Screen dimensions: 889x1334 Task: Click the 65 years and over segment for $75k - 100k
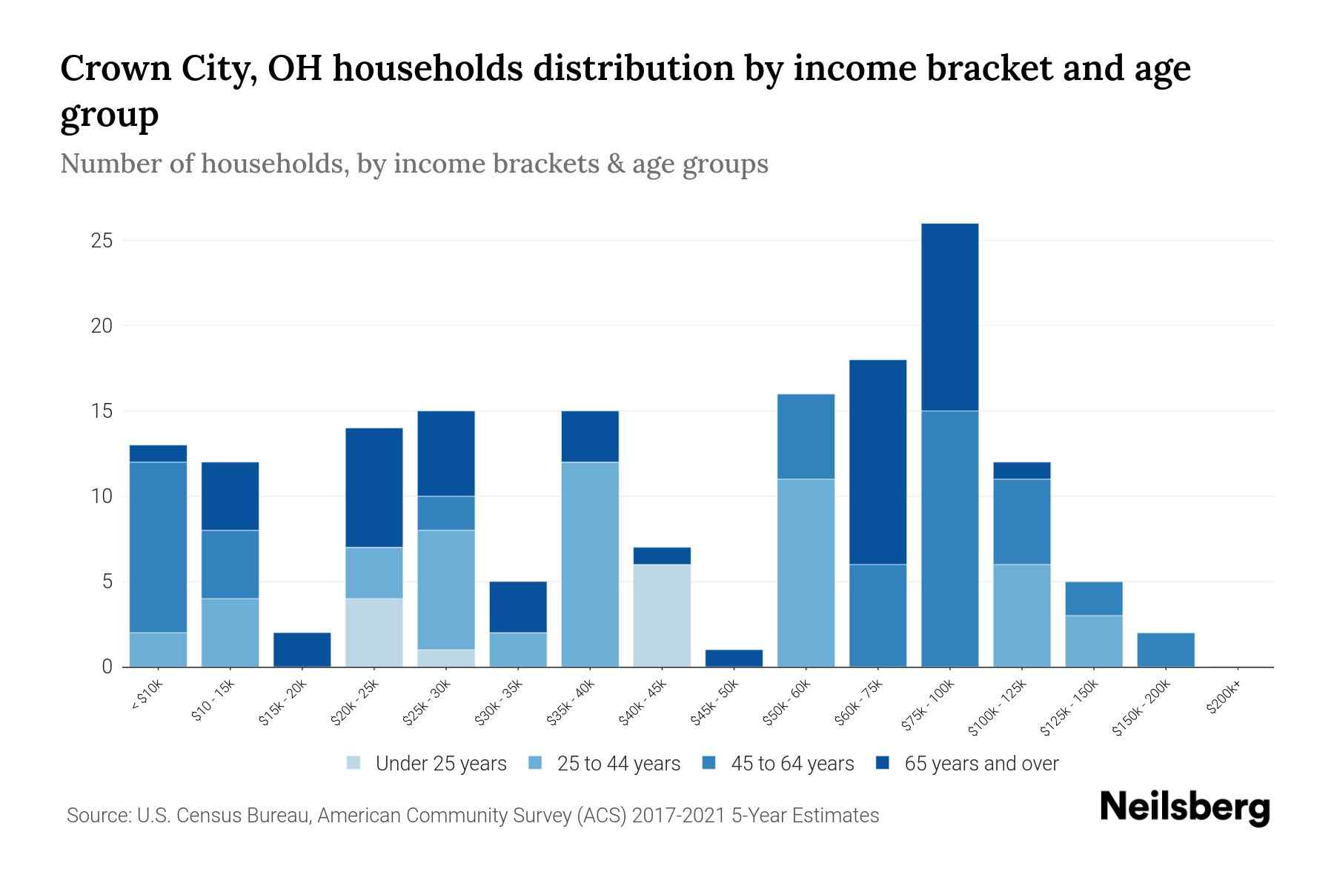(949, 317)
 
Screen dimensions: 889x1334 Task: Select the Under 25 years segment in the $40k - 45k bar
(662, 615)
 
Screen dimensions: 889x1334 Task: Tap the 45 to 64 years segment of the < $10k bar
(158, 547)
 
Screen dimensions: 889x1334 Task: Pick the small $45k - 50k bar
(734, 658)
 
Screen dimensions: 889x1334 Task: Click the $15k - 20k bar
(302, 650)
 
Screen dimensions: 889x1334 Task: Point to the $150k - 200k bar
(1165, 650)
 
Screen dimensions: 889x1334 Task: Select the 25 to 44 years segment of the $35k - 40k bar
(590, 564)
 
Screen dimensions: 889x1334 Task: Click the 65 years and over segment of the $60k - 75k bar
(877, 462)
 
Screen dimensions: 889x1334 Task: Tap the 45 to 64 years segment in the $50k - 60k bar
(806, 436)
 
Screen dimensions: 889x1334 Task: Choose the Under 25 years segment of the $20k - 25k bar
(374, 632)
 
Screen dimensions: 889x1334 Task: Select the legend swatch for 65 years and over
(882, 763)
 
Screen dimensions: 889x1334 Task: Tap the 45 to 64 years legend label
(792, 764)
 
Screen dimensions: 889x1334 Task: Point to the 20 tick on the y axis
(102, 326)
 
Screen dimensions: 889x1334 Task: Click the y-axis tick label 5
(107, 582)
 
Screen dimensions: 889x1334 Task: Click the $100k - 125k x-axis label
(998, 707)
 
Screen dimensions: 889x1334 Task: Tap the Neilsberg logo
(1184, 808)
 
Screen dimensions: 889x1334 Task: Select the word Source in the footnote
(97, 816)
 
